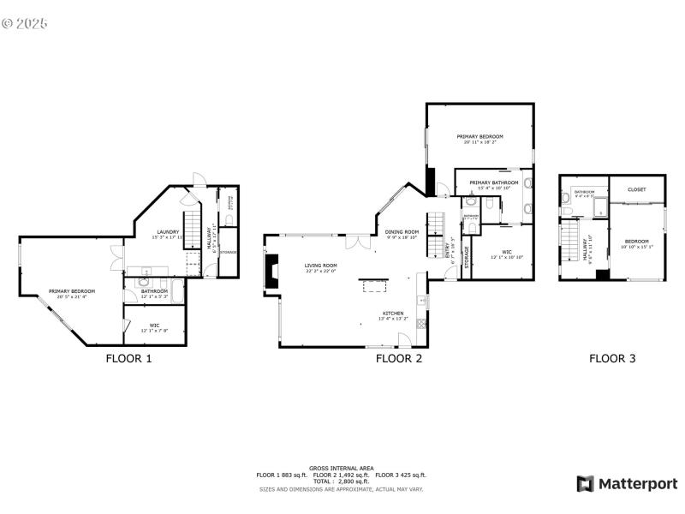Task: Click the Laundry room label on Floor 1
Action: click(166, 231)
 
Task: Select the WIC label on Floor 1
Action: click(154, 325)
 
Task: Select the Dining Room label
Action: click(401, 231)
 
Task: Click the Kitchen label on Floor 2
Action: click(393, 314)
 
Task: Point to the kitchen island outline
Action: click(373, 278)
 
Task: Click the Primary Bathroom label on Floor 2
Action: click(494, 182)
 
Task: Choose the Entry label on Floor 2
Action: click(447, 251)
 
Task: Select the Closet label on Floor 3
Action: click(636, 189)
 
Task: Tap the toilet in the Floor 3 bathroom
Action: click(567, 200)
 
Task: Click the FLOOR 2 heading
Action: click(399, 359)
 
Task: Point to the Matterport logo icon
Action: click(586, 484)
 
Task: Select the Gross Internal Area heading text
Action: click(342, 469)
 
